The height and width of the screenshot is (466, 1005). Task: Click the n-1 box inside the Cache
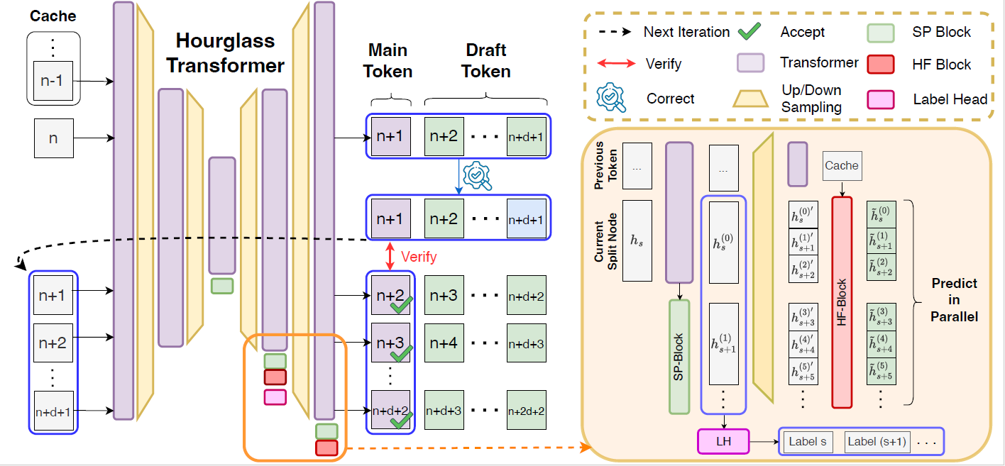tap(53, 81)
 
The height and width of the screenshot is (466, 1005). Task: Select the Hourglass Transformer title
tap(225, 53)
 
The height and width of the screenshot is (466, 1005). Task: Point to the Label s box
tap(808, 442)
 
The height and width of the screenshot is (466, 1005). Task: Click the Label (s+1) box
tap(877, 442)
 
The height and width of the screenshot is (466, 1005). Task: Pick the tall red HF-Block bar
tap(842, 302)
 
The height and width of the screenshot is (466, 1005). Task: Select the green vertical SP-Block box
tap(680, 356)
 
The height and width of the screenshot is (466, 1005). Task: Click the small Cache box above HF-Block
tap(842, 165)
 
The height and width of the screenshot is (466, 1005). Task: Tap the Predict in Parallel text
tap(954, 300)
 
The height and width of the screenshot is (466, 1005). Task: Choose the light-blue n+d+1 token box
tap(526, 217)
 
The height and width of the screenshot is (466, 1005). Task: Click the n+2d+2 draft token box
tap(526, 410)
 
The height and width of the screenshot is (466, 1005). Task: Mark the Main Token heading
tap(388, 61)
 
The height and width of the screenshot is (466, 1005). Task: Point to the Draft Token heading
tap(486, 61)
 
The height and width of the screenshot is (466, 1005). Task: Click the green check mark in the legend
tap(750, 32)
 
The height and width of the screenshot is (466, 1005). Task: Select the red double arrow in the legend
tap(616, 64)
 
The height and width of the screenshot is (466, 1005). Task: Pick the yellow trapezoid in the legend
tap(750, 99)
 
